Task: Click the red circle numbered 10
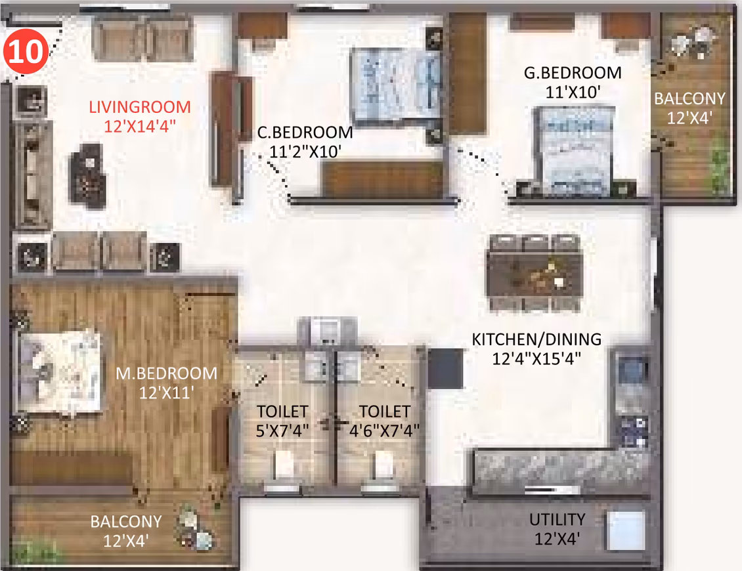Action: coord(26,51)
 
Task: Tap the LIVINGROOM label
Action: coord(140,107)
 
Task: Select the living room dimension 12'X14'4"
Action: coord(140,126)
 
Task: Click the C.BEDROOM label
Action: coord(305,133)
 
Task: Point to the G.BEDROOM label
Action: coord(573,73)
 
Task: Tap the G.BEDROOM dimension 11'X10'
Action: coord(573,93)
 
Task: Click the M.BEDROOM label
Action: coord(167,373)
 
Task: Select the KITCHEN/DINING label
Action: coord(536,339)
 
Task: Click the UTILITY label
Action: coord(557,519)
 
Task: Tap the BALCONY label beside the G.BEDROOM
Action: coord(689,98)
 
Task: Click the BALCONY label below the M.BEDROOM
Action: coord(126,521)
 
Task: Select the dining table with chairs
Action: coord(535,274)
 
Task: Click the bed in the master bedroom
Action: coord(59,371)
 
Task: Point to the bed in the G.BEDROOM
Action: coord(573,150)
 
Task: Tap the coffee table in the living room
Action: coord(87,176)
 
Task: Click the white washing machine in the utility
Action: coord(626,531)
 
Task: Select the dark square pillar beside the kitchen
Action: coord(445,369)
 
